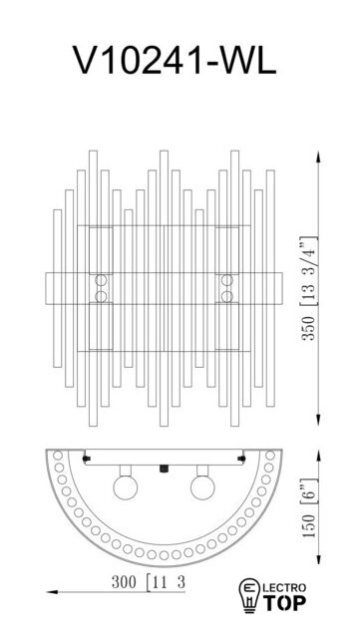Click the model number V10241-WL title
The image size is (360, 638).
175,60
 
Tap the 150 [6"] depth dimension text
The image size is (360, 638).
308,507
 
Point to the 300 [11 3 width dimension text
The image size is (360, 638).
149,582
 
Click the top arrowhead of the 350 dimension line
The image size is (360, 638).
318,157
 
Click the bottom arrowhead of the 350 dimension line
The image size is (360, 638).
318,421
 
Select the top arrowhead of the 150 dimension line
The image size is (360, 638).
319,455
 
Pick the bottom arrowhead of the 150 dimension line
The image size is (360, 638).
319,560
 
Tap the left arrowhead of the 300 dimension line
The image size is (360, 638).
52,592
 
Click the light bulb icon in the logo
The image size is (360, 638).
248,596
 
